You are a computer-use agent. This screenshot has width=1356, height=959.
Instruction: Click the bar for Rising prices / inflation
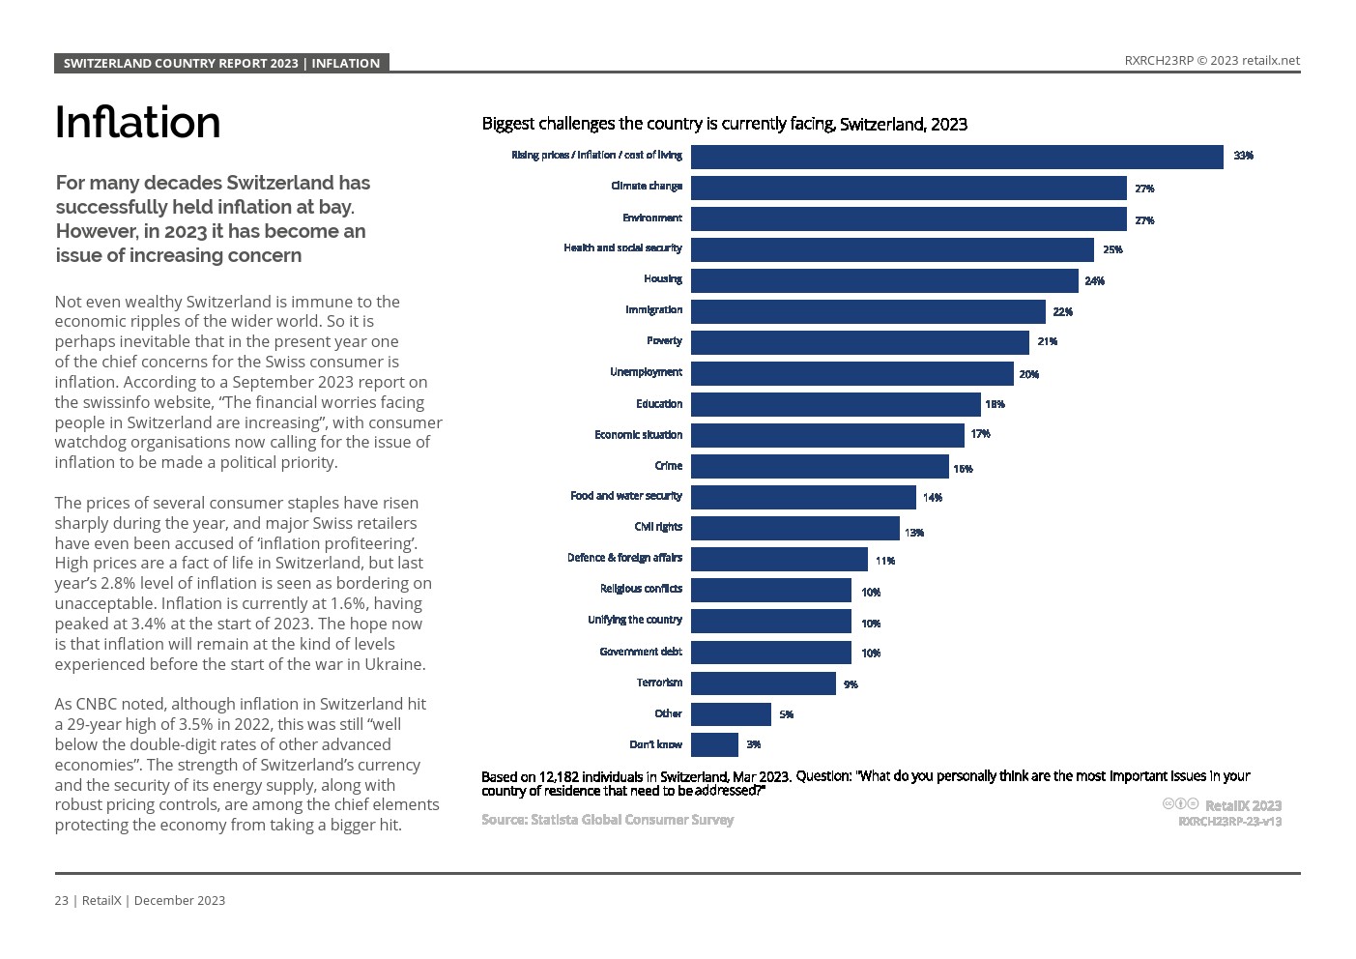click(x=957, y=157)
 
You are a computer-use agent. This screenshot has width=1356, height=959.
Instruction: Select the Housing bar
click(x=884, y=280)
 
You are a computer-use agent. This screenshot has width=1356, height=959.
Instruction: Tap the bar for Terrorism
click(x=763, y=683)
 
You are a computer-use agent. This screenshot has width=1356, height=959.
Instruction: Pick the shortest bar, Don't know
click(x=714, y=744)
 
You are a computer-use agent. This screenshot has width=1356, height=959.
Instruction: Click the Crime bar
click(x=820, y=467)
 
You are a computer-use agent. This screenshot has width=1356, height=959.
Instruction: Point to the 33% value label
click(x=1243, y=156)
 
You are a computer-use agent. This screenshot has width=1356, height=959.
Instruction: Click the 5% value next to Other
click(x=786, y=714)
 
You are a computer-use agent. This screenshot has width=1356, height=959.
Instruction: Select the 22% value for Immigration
click(x=1062, y=312)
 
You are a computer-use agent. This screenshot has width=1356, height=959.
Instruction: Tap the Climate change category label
click(x=646, y=186)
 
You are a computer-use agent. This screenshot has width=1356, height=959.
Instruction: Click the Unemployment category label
click(x=645, y=372)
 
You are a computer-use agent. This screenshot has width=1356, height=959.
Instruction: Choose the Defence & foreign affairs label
click(x=624, y=558)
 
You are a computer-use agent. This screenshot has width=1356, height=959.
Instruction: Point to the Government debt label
click(x=640, y=652)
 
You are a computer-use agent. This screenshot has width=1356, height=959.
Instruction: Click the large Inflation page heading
click(x=137, y=123)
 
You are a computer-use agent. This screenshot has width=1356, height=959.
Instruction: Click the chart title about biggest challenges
click(x=724, y=124)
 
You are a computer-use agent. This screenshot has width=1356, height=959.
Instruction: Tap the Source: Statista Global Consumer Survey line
click(x=607, y=820)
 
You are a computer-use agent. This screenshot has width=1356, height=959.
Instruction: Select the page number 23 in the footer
click(x=61, y=900)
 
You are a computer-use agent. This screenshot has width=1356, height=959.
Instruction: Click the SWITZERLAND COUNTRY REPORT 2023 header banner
click(x=221, y=63)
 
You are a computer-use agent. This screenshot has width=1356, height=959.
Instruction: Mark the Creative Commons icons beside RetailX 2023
click(x=1180, y=804)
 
